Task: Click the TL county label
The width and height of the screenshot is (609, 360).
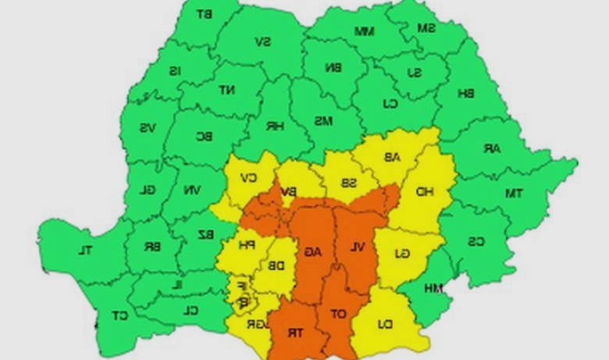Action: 84,251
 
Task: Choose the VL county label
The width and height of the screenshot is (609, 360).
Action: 357,248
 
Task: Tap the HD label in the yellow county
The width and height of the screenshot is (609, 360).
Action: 425,191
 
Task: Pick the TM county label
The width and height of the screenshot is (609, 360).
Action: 513,193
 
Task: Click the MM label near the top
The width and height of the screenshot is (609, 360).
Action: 365,31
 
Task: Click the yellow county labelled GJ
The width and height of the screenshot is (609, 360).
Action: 401,253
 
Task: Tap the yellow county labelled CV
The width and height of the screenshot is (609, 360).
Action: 250,176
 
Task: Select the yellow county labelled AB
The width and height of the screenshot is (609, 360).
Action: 390,157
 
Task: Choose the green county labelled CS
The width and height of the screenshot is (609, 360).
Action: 475,241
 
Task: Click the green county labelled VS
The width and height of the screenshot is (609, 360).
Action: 148,128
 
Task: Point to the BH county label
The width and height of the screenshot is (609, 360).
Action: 466,94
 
